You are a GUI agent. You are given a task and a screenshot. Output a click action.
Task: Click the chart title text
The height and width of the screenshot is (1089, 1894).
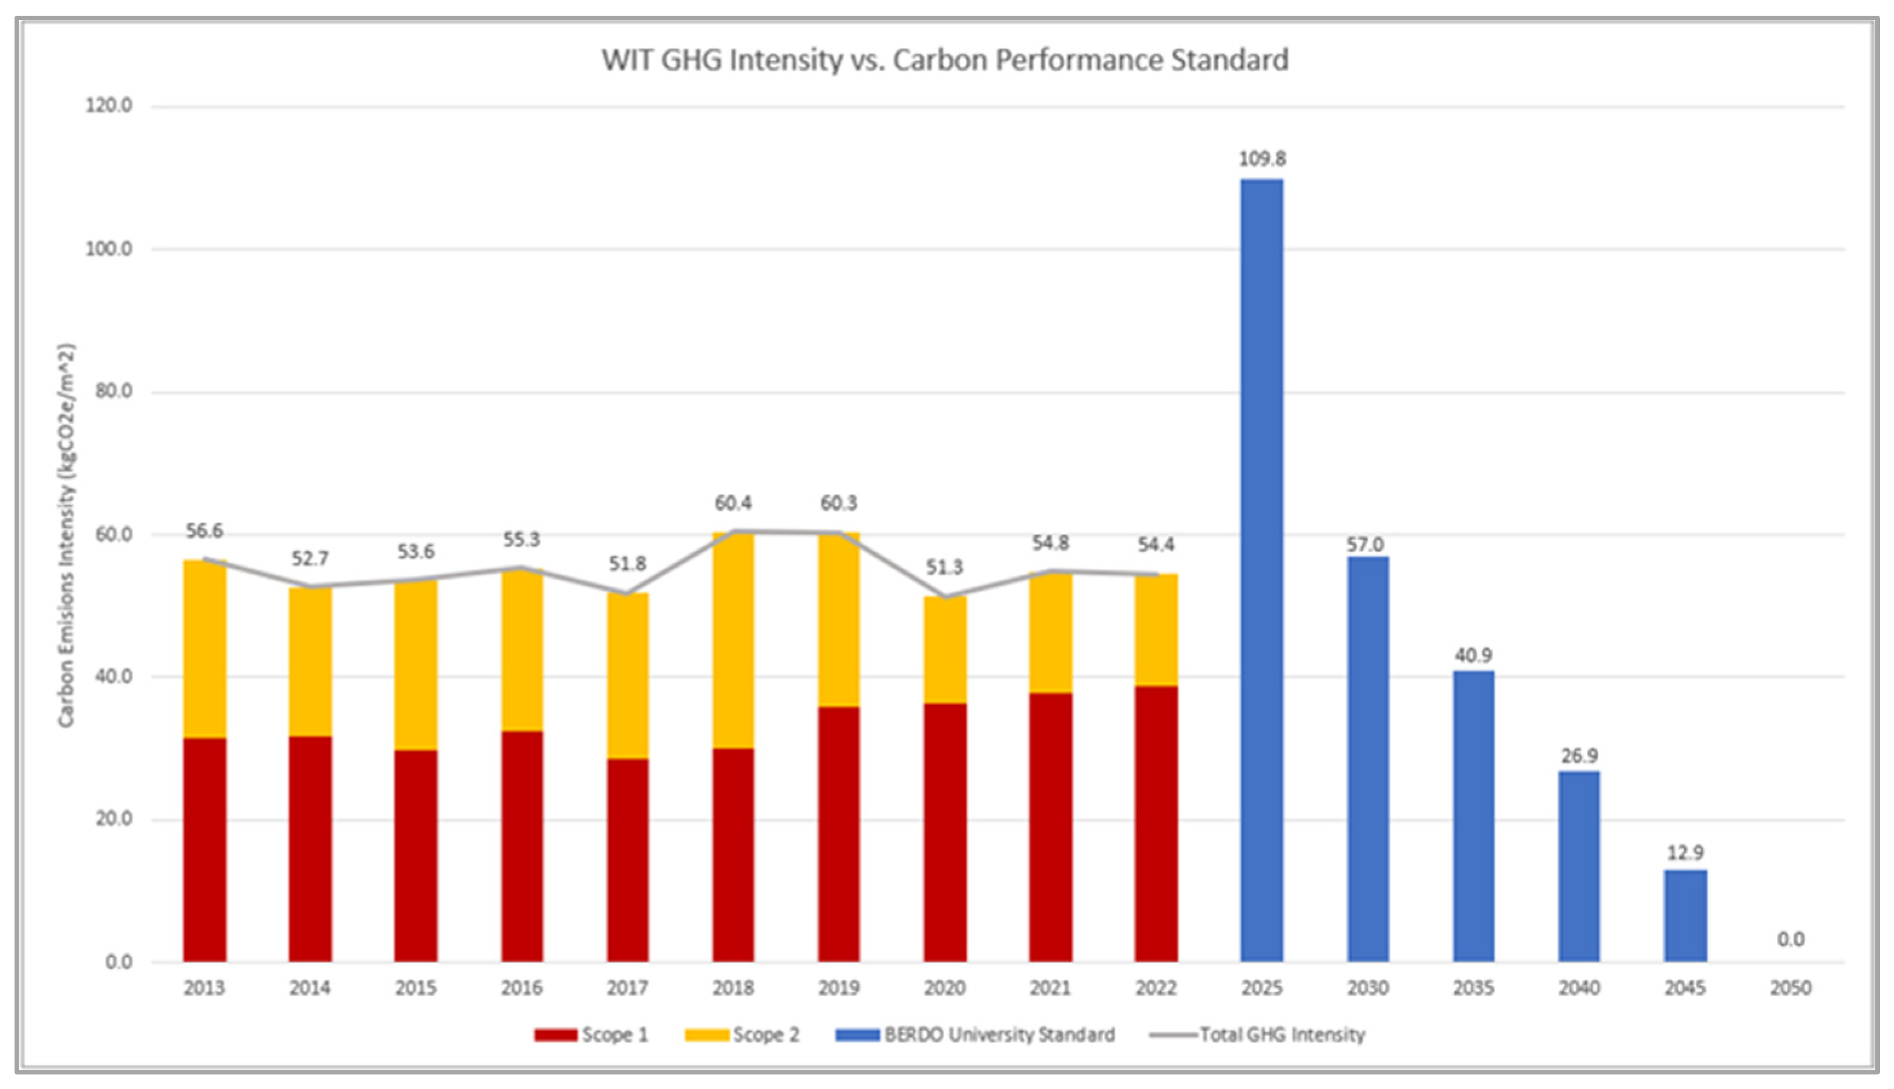(x=945, y=60)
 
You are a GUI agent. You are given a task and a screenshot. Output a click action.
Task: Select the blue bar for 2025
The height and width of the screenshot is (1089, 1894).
(x=1261, y=568)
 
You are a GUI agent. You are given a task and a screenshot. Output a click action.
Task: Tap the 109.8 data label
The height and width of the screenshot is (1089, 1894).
(x=1262, y=159)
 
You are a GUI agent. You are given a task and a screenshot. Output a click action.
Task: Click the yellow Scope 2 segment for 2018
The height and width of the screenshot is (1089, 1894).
(x=733, y=639)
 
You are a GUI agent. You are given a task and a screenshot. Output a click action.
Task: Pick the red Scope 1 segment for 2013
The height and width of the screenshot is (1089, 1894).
(x=204, y=849)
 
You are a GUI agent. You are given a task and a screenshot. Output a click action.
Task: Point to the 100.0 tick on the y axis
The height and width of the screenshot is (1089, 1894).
(x=108, y=248)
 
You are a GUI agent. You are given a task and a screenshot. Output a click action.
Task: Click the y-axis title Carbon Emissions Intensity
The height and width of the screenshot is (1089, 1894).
(x=67, y=535)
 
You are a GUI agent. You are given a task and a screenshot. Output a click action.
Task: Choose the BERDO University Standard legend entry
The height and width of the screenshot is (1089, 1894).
(x=976, y=1035)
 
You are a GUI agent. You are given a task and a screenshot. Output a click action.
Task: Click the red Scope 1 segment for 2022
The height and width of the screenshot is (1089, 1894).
(x=1156, y=823)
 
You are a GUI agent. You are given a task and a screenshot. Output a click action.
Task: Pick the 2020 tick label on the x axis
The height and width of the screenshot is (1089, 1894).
(x=944, y=988)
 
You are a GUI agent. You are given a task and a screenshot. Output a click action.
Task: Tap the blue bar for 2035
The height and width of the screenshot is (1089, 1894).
(x=1473, y=815)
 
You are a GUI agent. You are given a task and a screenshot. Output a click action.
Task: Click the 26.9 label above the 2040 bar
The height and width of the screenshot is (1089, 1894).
(x=1579, y=755)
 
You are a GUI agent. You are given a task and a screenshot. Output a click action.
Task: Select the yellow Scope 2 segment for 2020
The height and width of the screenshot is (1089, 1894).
(x=944, y=649)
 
